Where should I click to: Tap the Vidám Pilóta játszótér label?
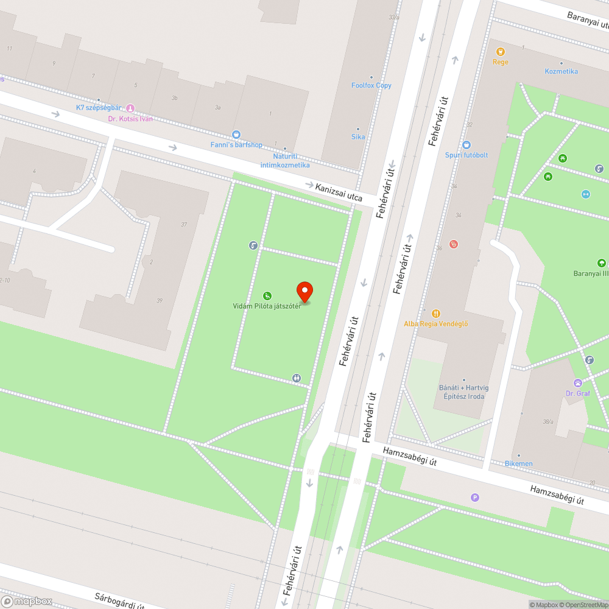click(267, 306)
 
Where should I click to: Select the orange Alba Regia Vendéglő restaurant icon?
click(435, 313)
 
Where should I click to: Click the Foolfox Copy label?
click(371, 85)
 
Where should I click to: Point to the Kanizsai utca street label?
click(339, 193)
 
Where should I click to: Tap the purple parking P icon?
click(475, 498)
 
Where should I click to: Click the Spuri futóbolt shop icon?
click(466, 145)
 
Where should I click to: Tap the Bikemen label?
click(519, 463)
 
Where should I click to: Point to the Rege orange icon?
click(500, 52)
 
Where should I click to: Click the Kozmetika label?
click(561, 71)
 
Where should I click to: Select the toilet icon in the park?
click(297, 378)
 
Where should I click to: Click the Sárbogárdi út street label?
click(119, 600)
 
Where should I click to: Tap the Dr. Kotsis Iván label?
click(130, 119)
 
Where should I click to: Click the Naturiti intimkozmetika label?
click(284, 161)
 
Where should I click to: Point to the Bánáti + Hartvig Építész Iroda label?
click(462, 392)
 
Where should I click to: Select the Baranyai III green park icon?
click(601, 263)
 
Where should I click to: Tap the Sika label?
click(358, 136)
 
